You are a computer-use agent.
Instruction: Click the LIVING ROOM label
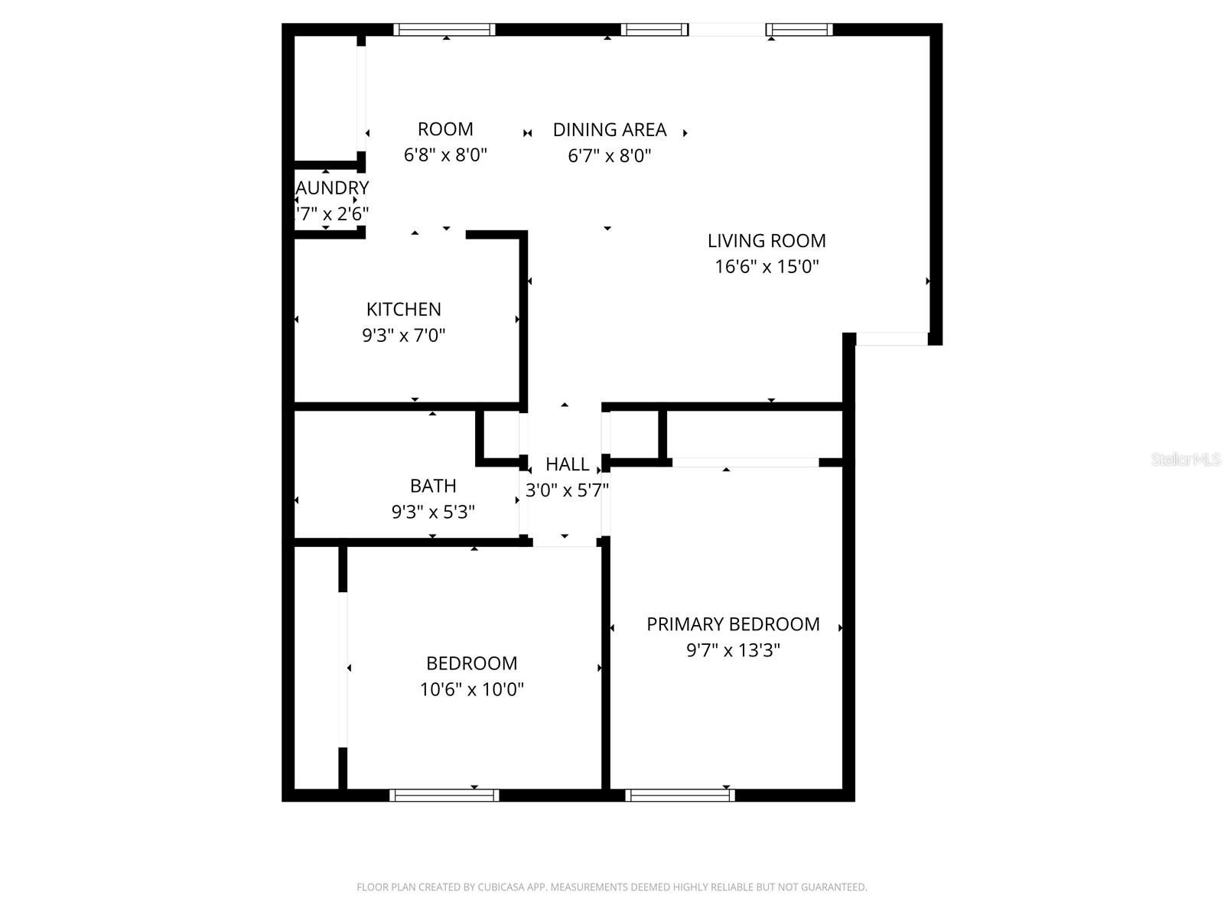click(x=767, y=241)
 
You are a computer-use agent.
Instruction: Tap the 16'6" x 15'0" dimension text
click(x=767, y=267)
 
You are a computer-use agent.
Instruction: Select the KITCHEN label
click(x=403, y=310)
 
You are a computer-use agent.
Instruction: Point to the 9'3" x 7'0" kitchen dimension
click(x=403, y=336)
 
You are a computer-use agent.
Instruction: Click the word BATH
click(x=433, y=487)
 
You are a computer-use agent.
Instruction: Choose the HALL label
click(x=567, y=464)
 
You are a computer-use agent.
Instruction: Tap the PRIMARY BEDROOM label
click(x=733, y=624)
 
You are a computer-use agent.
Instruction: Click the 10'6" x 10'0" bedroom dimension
click(x=471, y=689)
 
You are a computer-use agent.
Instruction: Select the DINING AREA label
click(x=610, y=130)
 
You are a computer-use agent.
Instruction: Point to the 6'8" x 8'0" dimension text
click(x=445, y=155)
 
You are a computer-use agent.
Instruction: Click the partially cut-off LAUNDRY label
click(x=332, y=188)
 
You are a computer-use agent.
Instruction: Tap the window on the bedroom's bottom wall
click(x=444, y=796)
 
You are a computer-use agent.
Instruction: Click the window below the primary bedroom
click(x=680, y=796)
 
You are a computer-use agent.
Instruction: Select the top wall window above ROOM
click(x=444, y=30)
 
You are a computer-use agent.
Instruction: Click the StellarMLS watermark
click(x=1185, y=460)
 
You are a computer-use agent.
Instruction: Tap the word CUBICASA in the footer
click(x=500, y=887)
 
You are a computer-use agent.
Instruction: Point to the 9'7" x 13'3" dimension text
click(x=733, y=650)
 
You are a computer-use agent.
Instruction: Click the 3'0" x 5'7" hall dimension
click(x=567, y=490)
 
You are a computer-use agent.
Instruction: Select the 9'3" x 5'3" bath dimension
click(x=433, y=513)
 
